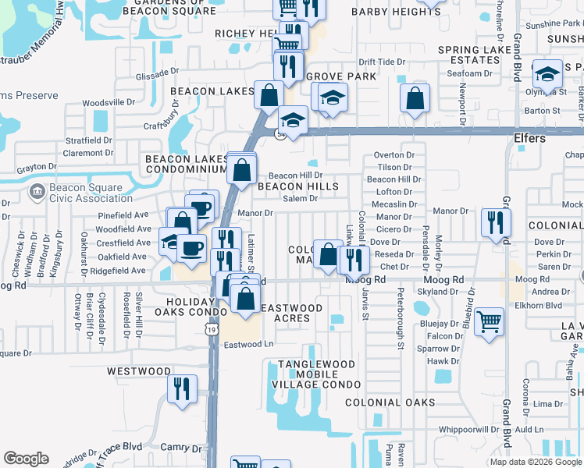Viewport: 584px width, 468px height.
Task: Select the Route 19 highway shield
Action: point(212,331)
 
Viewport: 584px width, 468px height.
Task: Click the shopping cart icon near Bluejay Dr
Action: point(489,321)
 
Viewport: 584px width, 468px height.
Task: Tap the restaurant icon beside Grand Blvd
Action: point(496,222)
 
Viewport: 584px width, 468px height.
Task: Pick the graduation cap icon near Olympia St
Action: point(548,73)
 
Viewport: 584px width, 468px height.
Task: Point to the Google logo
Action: point(26,459)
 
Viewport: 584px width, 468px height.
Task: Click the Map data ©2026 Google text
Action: point(536,462)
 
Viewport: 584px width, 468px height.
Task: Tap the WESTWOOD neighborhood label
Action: point(139,371)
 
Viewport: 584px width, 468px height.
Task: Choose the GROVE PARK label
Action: point(340,76)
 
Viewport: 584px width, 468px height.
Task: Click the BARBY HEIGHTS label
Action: point(396,12)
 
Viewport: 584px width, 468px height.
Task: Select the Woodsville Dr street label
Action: point(109,102)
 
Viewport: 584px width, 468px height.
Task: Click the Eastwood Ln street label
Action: point(249,344)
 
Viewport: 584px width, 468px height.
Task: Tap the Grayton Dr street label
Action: point(38,167)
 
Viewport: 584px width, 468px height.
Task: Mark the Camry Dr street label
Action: point(182,448)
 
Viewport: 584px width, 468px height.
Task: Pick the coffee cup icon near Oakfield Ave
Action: point(191,247)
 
